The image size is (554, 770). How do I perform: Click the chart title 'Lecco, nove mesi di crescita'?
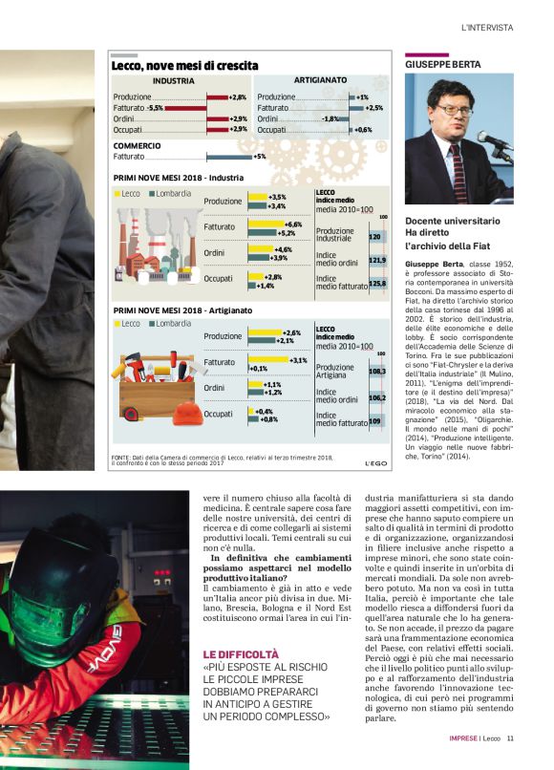pyautogui.click(x=184, y=66)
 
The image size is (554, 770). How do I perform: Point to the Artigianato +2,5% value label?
pyautogui.click(x=373, y=108)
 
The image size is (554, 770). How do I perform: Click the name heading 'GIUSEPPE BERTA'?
pyautogui.click(x=442, y=64)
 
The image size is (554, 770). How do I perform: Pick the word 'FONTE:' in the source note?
pyautogui.click(x=121, y=458)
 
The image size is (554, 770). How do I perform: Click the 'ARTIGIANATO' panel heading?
pyautogui.click(x=320, y=81)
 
